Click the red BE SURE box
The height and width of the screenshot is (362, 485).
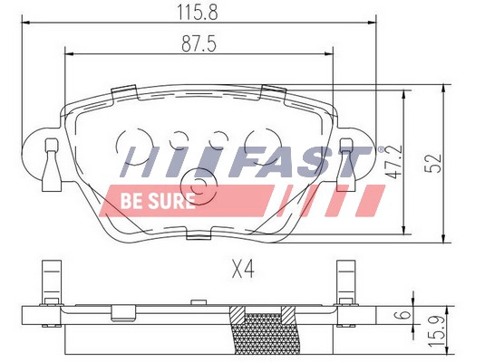152,199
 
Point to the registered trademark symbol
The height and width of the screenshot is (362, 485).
381,145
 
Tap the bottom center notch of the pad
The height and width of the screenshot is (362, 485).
197,235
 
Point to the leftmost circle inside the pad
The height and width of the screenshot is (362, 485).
129,142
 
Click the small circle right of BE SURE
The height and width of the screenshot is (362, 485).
206,188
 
